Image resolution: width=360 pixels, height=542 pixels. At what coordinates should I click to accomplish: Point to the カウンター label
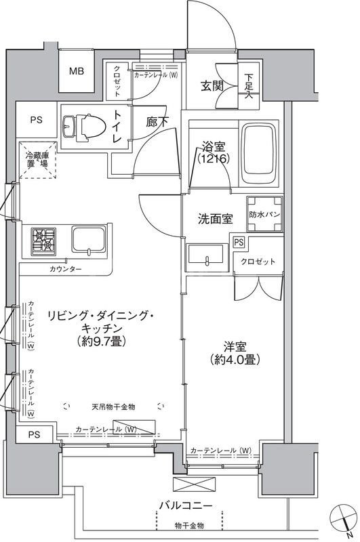(x=65, y=269)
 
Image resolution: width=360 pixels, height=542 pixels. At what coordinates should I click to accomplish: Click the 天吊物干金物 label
(x=113, y=406)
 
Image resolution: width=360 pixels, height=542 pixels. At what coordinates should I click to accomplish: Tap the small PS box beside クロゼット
(x=239, y=242)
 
